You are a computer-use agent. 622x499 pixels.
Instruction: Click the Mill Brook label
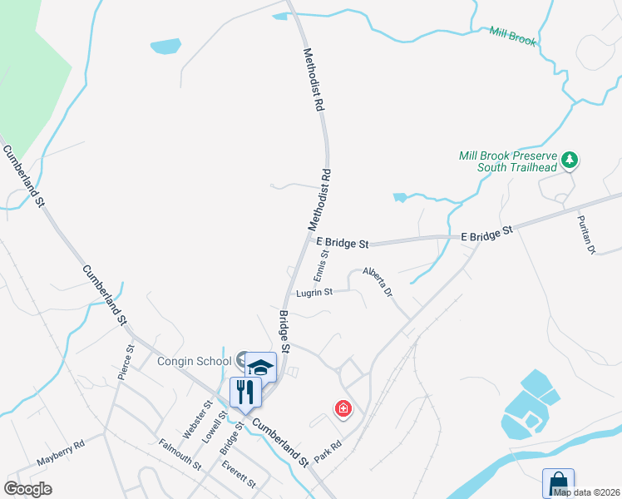(513, 36)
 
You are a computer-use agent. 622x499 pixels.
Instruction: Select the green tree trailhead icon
(570, 159)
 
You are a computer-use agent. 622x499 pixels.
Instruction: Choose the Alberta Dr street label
(377, 282)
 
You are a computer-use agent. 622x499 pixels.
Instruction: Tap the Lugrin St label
(314, 293)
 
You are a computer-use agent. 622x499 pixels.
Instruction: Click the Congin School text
(195, 361)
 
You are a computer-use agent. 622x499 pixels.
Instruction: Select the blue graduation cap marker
(260, 366)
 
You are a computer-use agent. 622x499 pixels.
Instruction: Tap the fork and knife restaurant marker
(244, 391)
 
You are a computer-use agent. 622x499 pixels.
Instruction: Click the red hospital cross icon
(343, 408)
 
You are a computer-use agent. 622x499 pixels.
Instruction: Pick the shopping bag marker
(558, 482)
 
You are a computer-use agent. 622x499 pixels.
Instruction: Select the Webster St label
(193, 419)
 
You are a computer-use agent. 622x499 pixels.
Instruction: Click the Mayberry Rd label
(61, 453)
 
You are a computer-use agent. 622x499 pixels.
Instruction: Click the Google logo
(27, 489)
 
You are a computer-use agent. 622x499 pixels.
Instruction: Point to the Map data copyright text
(586, 492)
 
